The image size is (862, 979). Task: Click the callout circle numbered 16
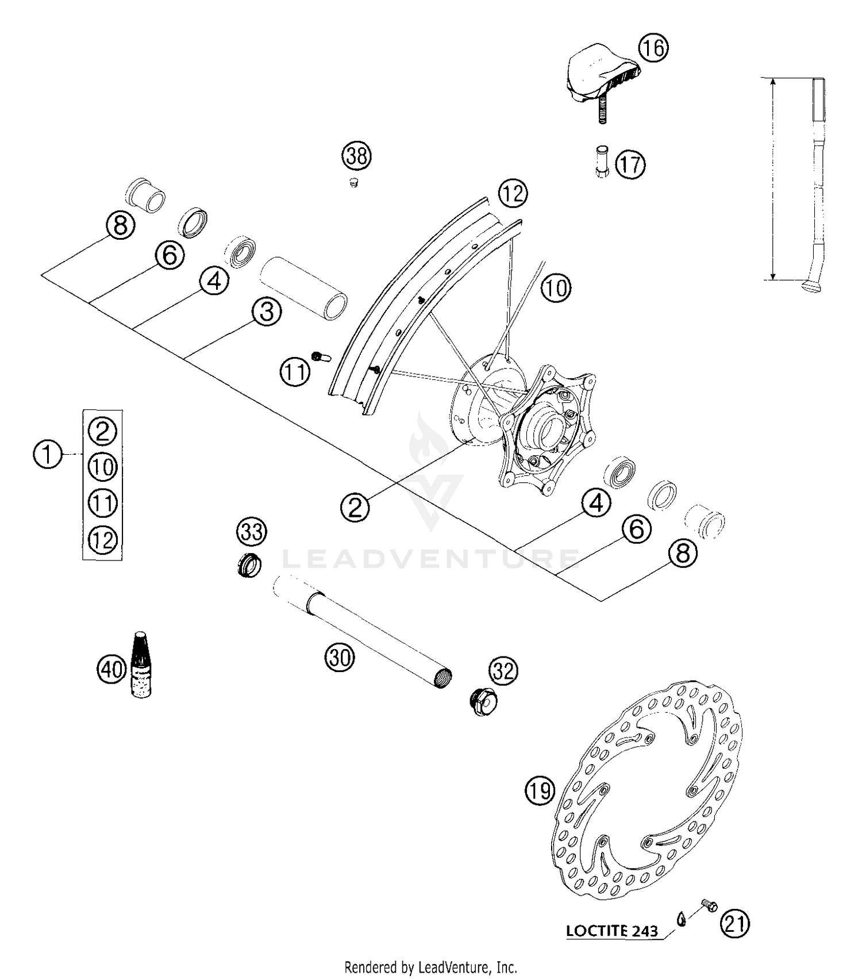pyautogui.click(x=653, y=48)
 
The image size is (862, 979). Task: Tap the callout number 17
pyautogui.click(x=630, y=165)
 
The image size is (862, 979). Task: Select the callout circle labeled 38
pyautogui.click(x=357, y=156)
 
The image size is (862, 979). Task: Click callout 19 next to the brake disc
pyautogui.click(x=540, y=792)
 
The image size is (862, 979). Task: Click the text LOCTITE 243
pyautogui.click(x=611, y=930)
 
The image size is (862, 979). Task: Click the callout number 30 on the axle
pyautogui.click(x=340, y=656)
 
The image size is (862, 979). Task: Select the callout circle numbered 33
pyautogui.click(x=251, y=531)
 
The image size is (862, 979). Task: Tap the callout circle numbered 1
pyautogui.click(x=47, y=454)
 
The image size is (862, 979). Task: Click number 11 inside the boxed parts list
pyautogui.click(x=103, y=503)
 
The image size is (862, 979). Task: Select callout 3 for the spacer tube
pyautogui.click(x=267, y=312)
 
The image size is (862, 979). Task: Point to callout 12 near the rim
pyautogui.click(x=513, y=194)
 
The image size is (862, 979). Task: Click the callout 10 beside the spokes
pyautogui.click(x=555, y=287)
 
